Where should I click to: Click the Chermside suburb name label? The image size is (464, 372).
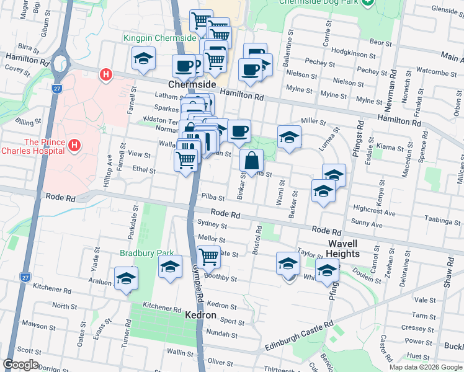[192, 84]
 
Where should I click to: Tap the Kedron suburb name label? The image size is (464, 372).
[201, 316]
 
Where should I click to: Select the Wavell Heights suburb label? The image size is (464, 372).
[344, 249]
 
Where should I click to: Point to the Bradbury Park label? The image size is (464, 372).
[140, 253]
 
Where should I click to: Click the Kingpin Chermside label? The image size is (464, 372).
[159, 38]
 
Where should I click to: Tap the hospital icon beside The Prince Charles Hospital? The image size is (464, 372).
[76, 146]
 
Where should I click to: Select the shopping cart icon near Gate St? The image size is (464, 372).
[209, 255]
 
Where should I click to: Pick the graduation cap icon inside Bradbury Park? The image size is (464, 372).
[170, 267]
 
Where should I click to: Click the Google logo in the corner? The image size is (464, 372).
[20, 365]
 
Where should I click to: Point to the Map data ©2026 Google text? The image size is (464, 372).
[425, 367]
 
